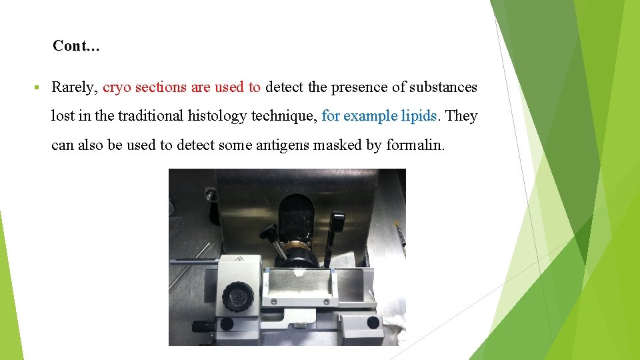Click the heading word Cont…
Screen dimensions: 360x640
coord(76,46)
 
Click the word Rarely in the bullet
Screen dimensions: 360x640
coord(75,87)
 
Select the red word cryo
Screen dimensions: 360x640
coord(117,87)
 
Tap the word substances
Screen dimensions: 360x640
coord(442,87)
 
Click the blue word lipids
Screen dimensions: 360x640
coord(419,116)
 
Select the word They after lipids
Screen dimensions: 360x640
coord(461,116)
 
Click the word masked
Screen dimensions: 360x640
coord(340,145)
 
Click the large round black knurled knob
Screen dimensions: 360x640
coord(237,293)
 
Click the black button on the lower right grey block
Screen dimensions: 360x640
coord(373,323)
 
